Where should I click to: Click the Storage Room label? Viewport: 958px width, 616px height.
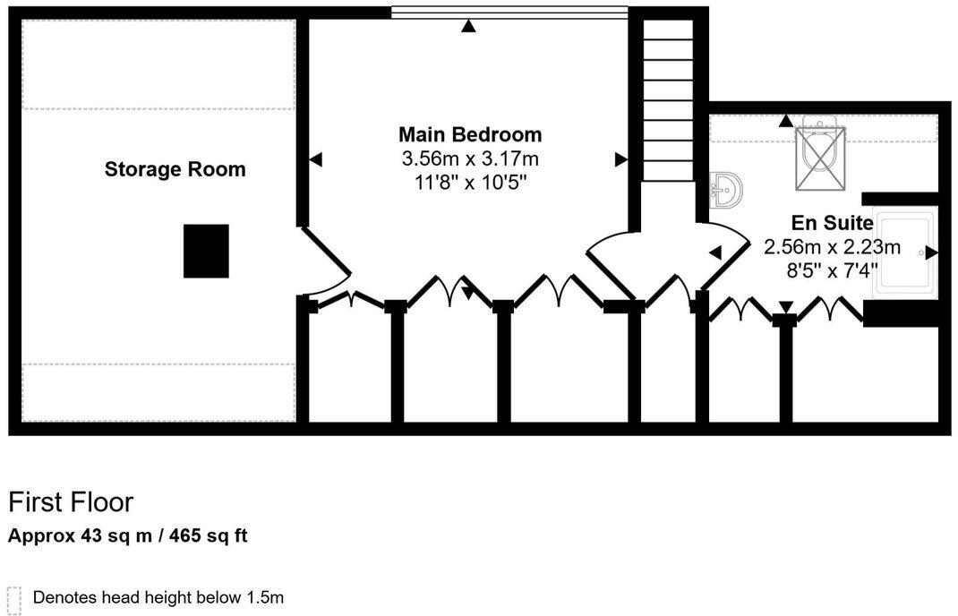pyautogui.click(x=175, y=169)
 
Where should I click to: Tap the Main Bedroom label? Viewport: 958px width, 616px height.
pyautogui.click(x=470, y=134)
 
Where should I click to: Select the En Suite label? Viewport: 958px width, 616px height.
pyautogui.click(x=832, y=223)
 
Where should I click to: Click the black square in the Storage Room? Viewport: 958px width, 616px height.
pyautogui.click(x=206, y=251)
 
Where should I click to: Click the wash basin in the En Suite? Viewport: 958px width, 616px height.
pyautogui.click(x=726, y=190)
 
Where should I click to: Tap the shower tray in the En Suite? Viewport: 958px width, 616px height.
pyautogui.click(x=904, y=252)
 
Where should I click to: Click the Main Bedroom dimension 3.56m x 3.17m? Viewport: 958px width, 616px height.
pyautogui.click(x=470, y=159)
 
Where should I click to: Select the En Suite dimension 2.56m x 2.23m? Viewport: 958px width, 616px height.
pyautogui.click(x=832, y=246)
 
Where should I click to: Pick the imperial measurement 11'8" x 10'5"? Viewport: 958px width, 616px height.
pyautogui.click(x=470, y=183)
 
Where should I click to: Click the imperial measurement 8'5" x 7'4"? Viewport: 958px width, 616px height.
pyautogui.click(x=832, y=269)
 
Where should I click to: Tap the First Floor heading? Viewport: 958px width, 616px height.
pyautogui.click(x=71, y=501)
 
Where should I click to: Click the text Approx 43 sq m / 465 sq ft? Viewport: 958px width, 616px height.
pyautogui.click(x=128, y=536)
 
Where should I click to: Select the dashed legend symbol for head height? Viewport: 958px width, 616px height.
pyautogui.click(x=13, y=598)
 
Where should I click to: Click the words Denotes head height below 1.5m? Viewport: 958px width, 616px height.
pyautogui.click(x=158, y=597)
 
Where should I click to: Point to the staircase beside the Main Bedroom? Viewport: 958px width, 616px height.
pyautogui.click(x=668, y=98)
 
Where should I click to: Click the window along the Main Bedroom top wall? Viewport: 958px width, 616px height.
pyautogui.click(x=509, y=12)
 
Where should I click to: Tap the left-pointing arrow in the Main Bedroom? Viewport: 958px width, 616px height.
pyautogui.click(x=315, y=159)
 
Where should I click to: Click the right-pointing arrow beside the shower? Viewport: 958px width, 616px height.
pyautogui.click(x=931, y=252)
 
